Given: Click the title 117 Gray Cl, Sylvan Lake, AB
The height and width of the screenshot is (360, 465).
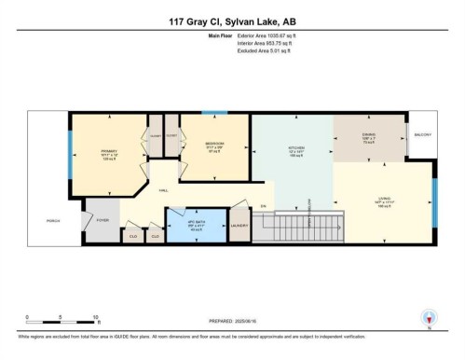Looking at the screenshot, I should tap(232, 22).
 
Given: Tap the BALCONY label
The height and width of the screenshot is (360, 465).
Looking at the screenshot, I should tap(422, 135).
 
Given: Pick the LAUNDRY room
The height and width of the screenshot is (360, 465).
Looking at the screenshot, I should tap(238, 225).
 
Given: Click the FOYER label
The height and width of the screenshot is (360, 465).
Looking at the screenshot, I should tap(103, 220).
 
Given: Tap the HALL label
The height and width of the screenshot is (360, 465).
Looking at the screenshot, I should tap(163, 189).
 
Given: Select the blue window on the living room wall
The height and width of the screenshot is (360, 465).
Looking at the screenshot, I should tap(433, 201).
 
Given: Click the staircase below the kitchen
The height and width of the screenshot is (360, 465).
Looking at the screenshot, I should tap(318, 227).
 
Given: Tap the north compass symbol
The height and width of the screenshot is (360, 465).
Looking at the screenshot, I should tap(429, 318).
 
